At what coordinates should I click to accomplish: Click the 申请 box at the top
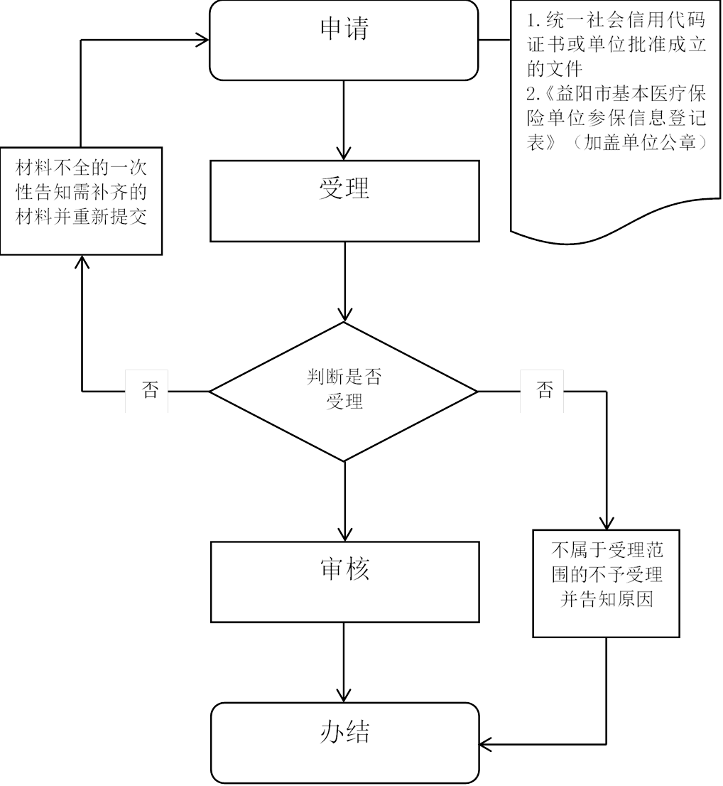(x=344, y=40)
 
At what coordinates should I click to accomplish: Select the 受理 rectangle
(x=344, y=200)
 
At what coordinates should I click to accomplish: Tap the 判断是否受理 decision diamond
(x=344, y=391)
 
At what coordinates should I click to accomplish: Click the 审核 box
(x=344, y=582)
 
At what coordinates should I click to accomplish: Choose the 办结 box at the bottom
(x=344, y=743)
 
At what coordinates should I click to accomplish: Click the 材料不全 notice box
(x=82, y=200)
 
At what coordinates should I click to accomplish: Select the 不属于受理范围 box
(x=607, y=583)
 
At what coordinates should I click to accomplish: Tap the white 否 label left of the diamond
(x=147, y=390)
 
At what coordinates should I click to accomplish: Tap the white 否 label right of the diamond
(x=543, y=390)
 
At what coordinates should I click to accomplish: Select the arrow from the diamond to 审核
(x=344, y=501)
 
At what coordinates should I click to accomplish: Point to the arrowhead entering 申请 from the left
(x=202, y=40)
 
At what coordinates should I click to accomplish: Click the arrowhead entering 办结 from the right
(x=487, y=744)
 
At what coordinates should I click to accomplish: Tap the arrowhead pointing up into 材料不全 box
(x=82, y=262)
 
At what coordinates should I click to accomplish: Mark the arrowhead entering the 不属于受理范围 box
(x=607, y=523)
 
